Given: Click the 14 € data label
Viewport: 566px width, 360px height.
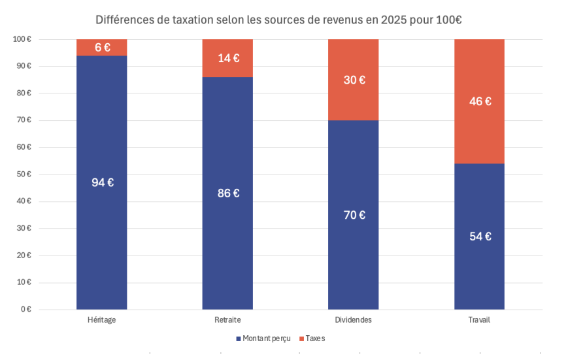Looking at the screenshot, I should pyautogui.click(x=228, y=58).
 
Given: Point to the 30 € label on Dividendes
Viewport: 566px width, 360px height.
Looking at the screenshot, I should pyautogui.click(x=354, y=80).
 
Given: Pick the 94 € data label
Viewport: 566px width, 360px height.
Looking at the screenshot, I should pyautogui.click(x=102, y=183).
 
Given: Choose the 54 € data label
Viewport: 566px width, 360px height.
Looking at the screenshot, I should pyautogui.click(x=479, y=237).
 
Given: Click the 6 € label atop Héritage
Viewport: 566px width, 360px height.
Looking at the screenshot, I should pyautogui.click(x=102, y=48).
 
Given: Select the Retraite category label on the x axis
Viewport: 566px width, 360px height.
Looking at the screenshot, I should pyautogui.click(x=227, y=320).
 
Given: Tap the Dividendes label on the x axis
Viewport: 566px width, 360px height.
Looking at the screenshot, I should pyautogui.click(x=353, y=320).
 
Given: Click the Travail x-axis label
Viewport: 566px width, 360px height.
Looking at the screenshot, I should pyautogui.click(x=479, y=320).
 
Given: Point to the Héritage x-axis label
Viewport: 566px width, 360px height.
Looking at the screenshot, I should pyautogui.click(x=102, y=320).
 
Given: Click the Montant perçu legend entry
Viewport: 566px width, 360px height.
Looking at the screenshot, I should pyautogui.click(x=265, y=338).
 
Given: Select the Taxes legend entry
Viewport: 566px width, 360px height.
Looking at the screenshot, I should pyautogui.click(x=315, y=338).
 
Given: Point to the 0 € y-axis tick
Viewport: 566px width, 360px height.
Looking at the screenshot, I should pyautogui.click(x=25, y=309).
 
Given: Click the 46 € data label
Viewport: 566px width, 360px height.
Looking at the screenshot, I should pyautogui.click(x=479, y=102).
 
